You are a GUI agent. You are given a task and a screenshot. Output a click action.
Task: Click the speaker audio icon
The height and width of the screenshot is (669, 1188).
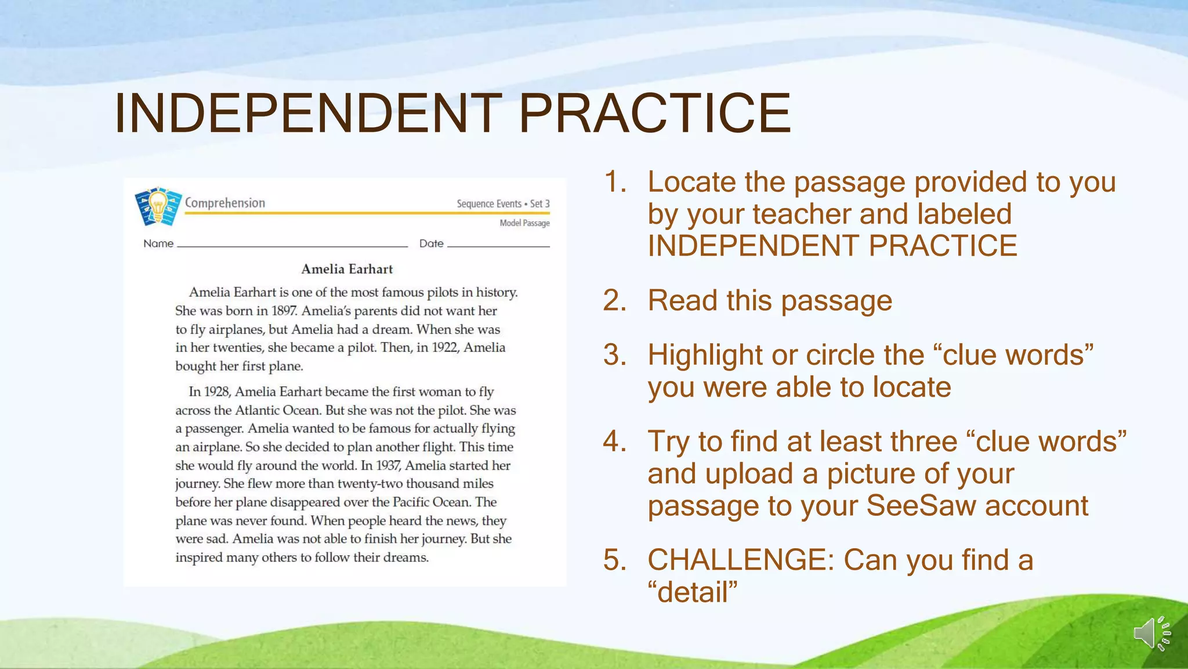click(1151, 632)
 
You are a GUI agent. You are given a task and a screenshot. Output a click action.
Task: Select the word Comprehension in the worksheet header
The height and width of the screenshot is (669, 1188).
click(225, 203)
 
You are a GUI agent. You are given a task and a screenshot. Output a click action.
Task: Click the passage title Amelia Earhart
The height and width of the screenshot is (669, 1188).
click(347, 269)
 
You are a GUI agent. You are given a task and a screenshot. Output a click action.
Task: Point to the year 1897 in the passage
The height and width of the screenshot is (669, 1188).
click(284, 311)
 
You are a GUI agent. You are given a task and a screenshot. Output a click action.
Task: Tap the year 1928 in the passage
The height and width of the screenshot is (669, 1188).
click(218, 392)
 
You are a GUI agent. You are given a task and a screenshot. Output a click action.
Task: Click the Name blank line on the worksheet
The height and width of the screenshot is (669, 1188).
click(292, 245)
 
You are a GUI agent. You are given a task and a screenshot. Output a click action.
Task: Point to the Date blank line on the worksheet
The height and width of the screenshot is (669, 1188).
click(498, 245)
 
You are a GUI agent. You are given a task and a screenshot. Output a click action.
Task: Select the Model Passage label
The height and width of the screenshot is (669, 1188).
click(524, 223)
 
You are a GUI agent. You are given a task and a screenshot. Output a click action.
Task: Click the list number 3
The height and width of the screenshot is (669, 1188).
click(614, 355)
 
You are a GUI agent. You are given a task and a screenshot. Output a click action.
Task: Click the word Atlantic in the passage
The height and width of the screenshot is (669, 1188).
click(258, 411)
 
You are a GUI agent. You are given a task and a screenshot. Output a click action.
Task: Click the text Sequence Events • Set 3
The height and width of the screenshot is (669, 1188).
click(503, 204)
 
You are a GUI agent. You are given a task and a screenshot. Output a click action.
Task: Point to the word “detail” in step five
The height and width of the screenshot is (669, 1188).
click(693, 592)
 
